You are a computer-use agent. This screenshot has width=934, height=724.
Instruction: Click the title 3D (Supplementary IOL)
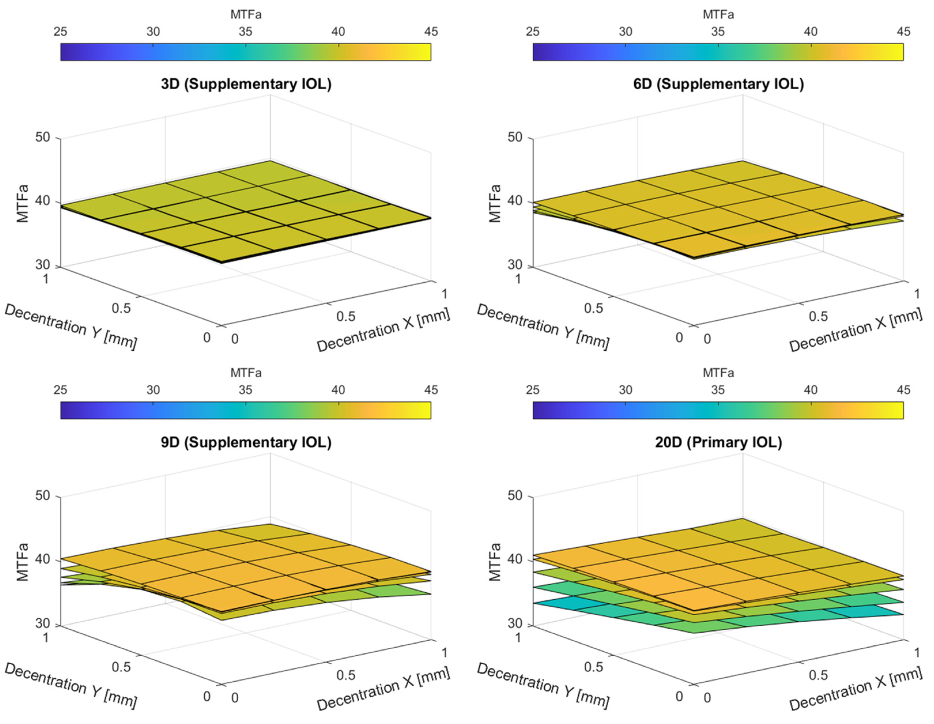coord(246,84)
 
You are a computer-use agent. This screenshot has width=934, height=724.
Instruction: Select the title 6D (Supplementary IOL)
coord(718,84)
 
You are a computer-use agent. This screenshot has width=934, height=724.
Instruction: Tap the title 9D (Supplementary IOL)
coord(246,442)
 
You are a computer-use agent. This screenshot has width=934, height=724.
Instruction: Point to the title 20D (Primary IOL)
coord(718,442)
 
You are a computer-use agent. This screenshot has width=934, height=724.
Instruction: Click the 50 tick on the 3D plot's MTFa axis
coord(42,137)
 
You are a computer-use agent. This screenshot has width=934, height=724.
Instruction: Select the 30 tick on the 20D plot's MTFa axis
coord(515,623)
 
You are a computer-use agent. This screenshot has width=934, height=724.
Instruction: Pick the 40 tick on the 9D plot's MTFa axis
coord(42,559)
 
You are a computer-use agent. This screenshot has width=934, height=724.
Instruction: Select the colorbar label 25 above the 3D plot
coord(60,32)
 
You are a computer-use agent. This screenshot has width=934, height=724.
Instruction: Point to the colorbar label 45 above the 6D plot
coord(903,32)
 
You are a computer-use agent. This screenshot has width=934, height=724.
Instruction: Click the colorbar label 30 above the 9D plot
coord(153,390)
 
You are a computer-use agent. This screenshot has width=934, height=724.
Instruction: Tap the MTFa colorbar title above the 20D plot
coord(718,373)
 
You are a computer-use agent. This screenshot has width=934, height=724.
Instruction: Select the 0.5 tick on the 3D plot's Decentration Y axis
coord(121,308)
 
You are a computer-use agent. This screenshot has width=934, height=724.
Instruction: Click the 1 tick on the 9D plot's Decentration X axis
coord(444,652)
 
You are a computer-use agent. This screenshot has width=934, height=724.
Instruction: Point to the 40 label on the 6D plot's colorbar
coord(810,32)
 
